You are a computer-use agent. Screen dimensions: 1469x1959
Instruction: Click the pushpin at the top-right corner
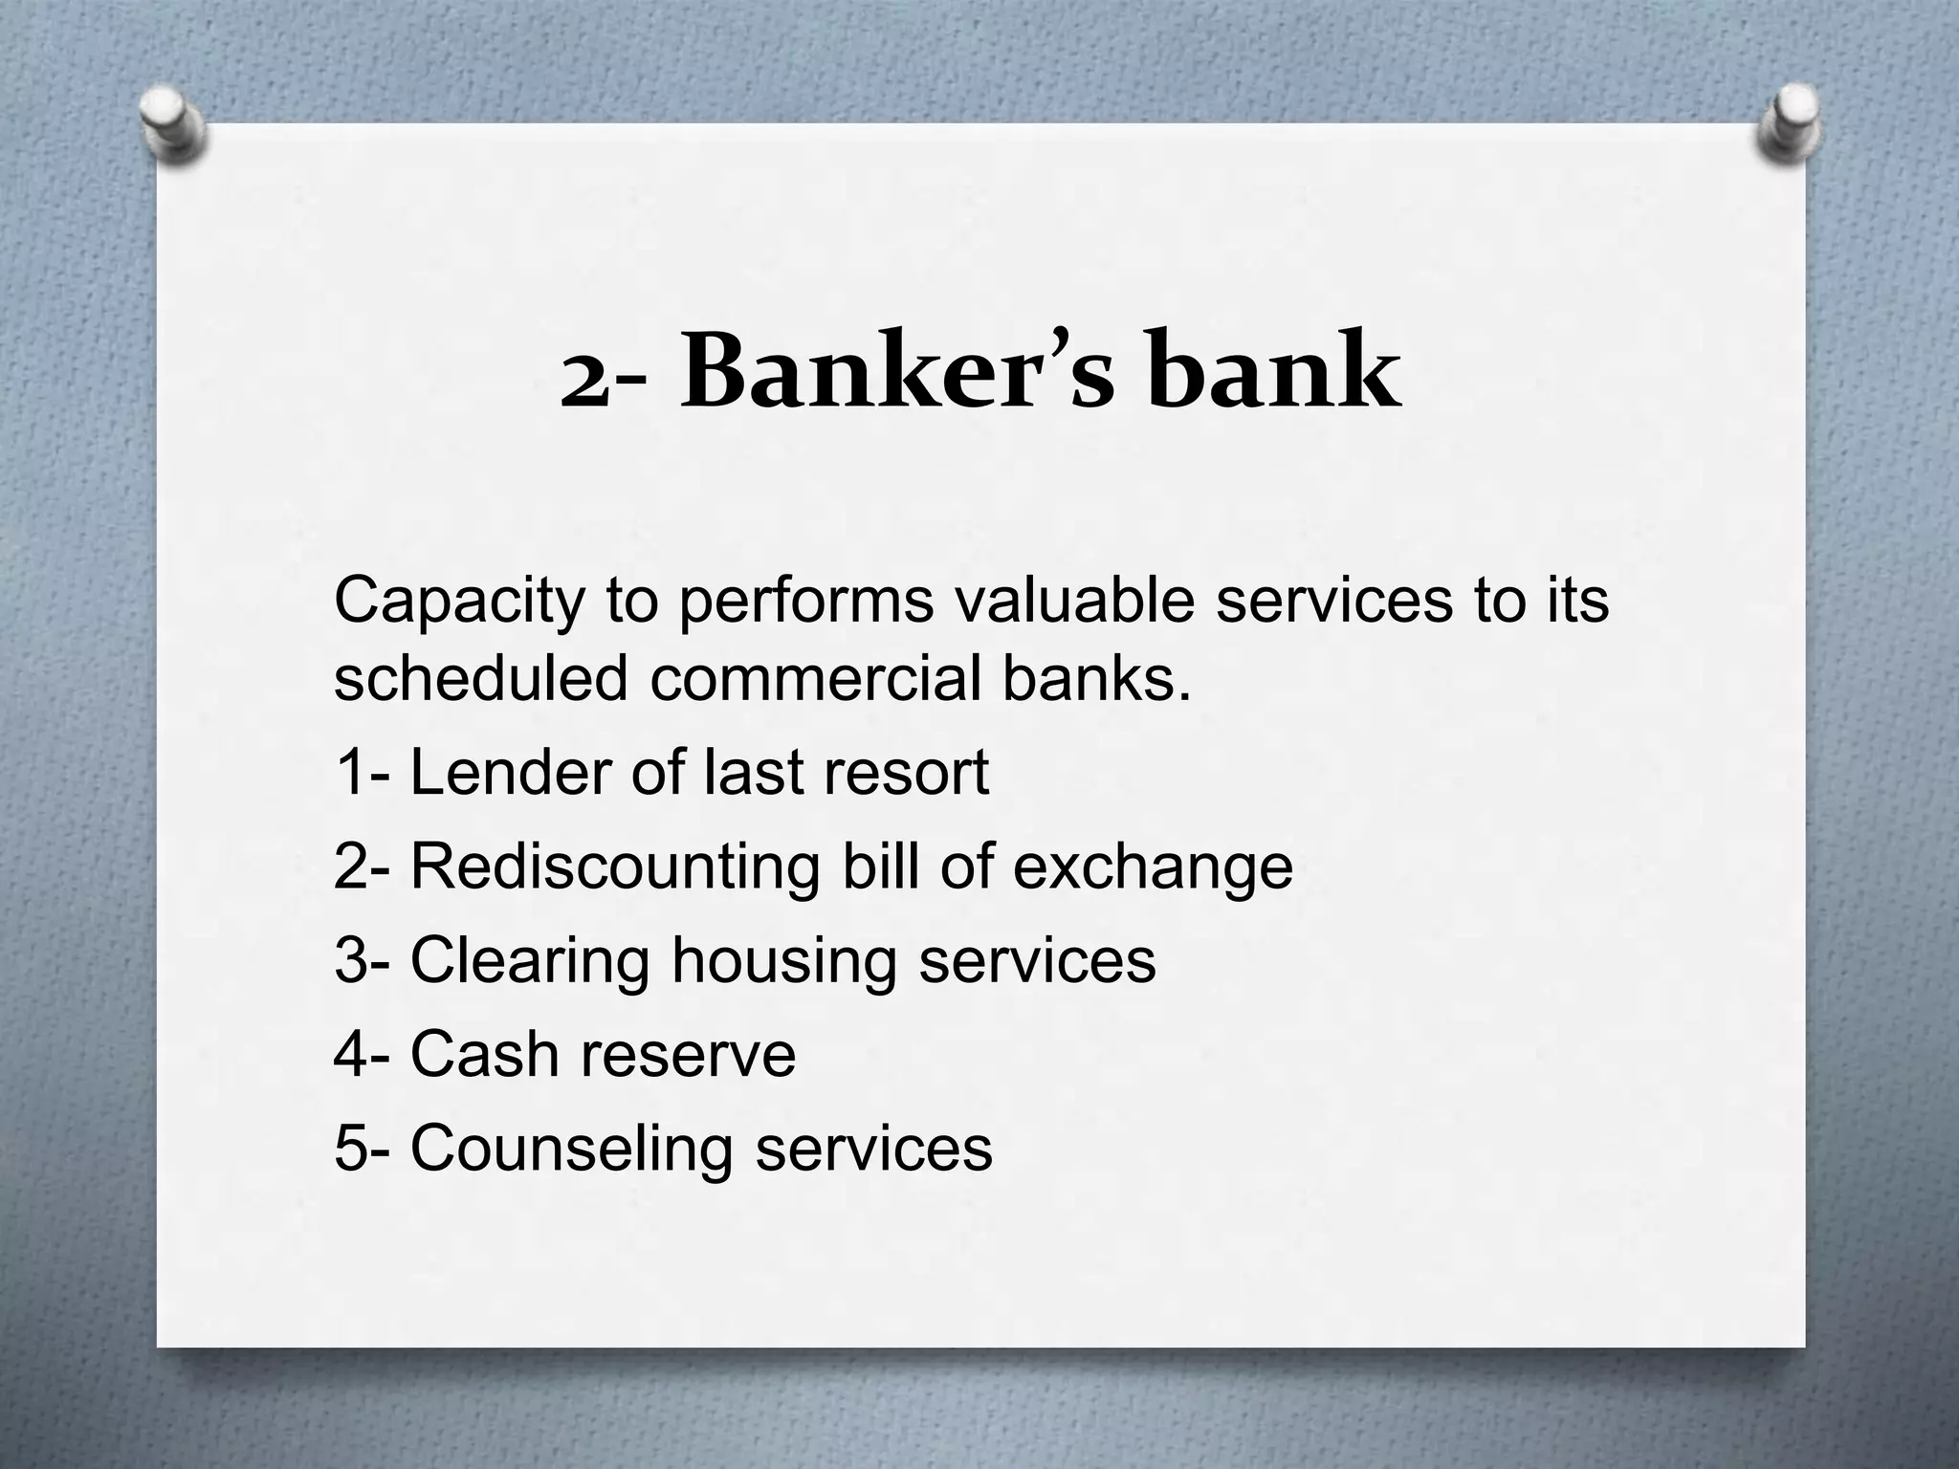coord(1785,125)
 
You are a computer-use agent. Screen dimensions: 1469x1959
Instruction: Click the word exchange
coord(1152,868)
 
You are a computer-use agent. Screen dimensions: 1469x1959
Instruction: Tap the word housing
coord(783,961)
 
